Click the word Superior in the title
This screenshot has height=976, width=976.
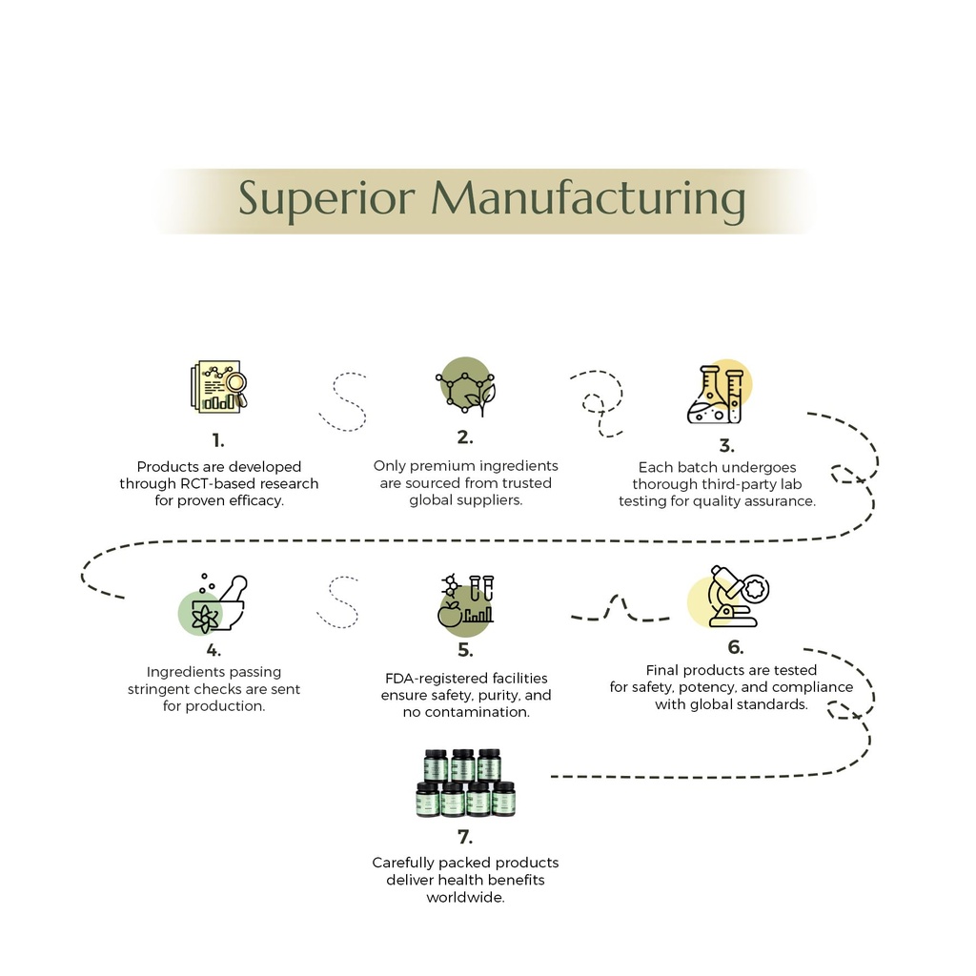click(327, 199)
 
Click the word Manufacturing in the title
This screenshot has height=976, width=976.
click(588, 199)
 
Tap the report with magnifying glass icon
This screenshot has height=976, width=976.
click(218, 386)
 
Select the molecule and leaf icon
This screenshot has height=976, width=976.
click(465, 386)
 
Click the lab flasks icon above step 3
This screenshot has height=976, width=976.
click(720, 392)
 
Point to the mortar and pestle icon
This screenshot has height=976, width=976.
click(213, 603)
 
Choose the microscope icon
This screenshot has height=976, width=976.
click(728, 597)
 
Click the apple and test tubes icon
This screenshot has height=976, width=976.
click(465, 603)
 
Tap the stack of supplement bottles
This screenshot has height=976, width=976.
click(465, 783)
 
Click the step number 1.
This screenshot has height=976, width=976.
click(218, 440)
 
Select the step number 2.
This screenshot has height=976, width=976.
click(465, 437)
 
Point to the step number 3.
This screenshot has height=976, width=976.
click(726, 446)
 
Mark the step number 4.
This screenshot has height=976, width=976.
click(213, 650)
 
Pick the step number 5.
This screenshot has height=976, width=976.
click(465, 650)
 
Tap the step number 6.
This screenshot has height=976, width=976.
click(736, 647)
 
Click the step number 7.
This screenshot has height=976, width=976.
click(465, 837)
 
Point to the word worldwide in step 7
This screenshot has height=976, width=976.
click(465, 898)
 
